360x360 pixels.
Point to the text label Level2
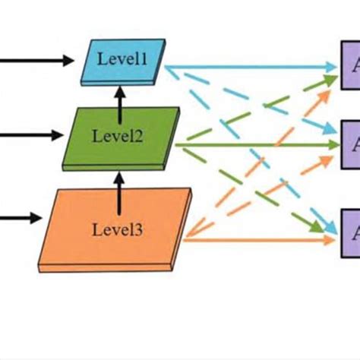115,136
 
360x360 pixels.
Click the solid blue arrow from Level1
251,67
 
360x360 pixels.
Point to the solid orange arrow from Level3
258,240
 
